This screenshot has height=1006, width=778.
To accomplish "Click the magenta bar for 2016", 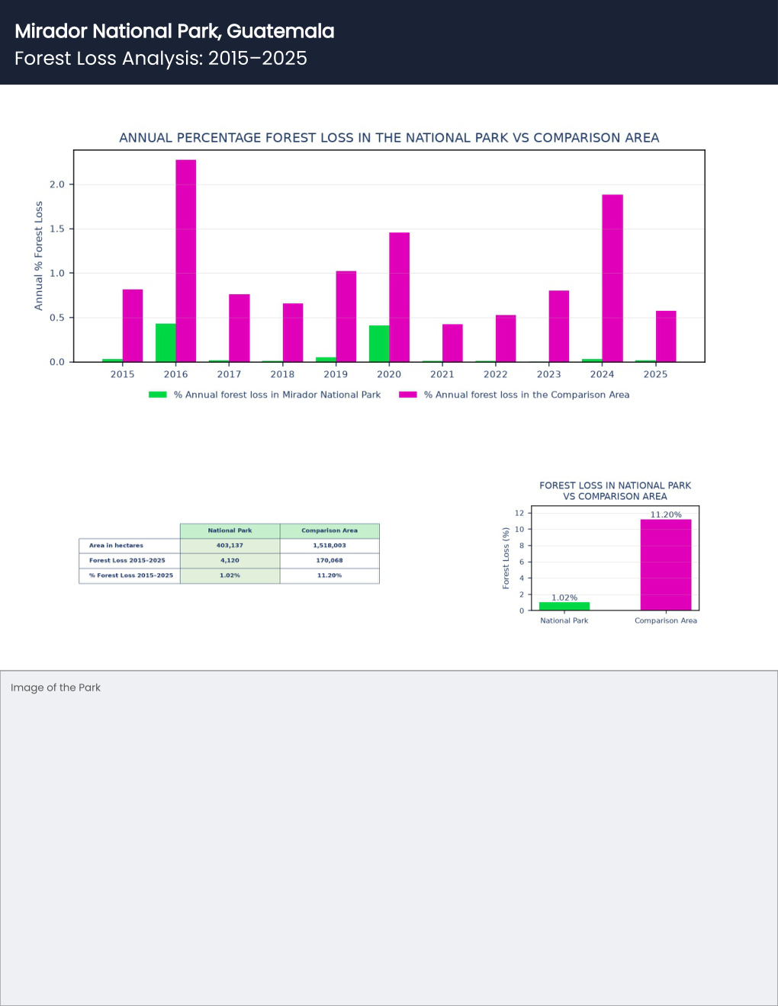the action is point(186,261).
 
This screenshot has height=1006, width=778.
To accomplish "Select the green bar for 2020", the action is point(379,344).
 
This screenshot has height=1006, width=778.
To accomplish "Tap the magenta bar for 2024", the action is point(612,278).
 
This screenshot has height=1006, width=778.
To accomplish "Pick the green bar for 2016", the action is point(166,343).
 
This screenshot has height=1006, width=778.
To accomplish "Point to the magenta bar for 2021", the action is point(452,343).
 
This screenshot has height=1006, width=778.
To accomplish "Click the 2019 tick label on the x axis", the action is point(336,374).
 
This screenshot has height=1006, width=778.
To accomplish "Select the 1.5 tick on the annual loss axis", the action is point(57,229).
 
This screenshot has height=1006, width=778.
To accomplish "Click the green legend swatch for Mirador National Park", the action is point(158,395).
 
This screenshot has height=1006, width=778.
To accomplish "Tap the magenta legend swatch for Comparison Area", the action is point(408,395).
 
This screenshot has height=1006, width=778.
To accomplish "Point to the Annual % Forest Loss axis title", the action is point(38,255).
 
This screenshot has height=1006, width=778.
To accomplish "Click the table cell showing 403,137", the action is point(230,546).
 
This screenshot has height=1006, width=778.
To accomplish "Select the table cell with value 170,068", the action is point(330,560).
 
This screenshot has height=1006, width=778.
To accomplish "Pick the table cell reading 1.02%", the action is point(230,575).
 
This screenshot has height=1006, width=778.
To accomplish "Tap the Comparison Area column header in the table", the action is point(330,530).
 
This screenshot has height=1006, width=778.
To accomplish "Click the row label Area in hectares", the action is point(116,546).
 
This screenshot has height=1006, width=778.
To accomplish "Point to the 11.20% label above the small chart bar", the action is point(666,514).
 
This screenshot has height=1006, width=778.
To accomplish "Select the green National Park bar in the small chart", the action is point(564,606).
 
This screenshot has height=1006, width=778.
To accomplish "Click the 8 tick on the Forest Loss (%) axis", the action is point(522,546).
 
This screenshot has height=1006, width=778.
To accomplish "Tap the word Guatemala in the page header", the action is point(281,31).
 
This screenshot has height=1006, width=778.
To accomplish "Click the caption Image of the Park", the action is point(56,687).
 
